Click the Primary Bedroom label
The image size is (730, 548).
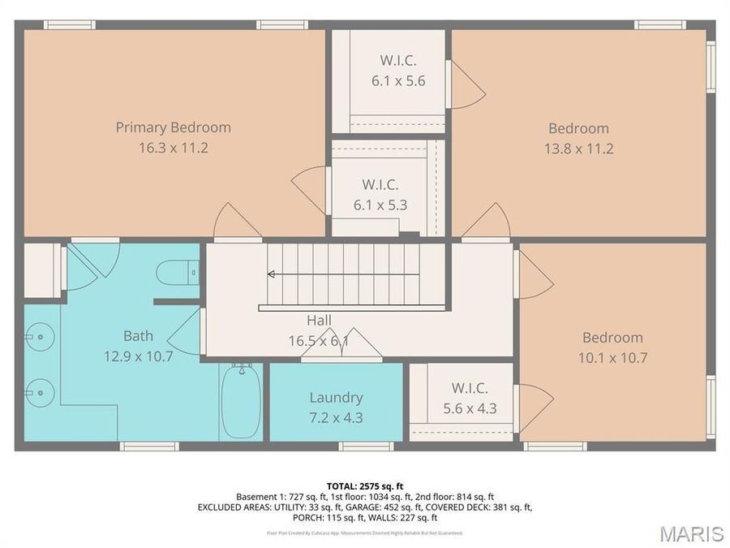tap(173, 127)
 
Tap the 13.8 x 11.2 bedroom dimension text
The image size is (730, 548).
tap(578, 149)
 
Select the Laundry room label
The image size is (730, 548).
tap(336, 398)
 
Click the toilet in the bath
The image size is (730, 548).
tap(178, 272)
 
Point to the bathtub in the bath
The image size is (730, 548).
tap(241, 402)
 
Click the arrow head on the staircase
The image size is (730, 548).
tap(271, 274)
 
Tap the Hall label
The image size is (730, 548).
tap(318, 320)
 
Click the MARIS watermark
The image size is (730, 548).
tap(691, 533)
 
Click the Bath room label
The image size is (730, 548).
tap(138, 335)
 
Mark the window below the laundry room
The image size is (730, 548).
tap(366, 446)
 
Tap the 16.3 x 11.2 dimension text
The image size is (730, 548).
tap(173, 149)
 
